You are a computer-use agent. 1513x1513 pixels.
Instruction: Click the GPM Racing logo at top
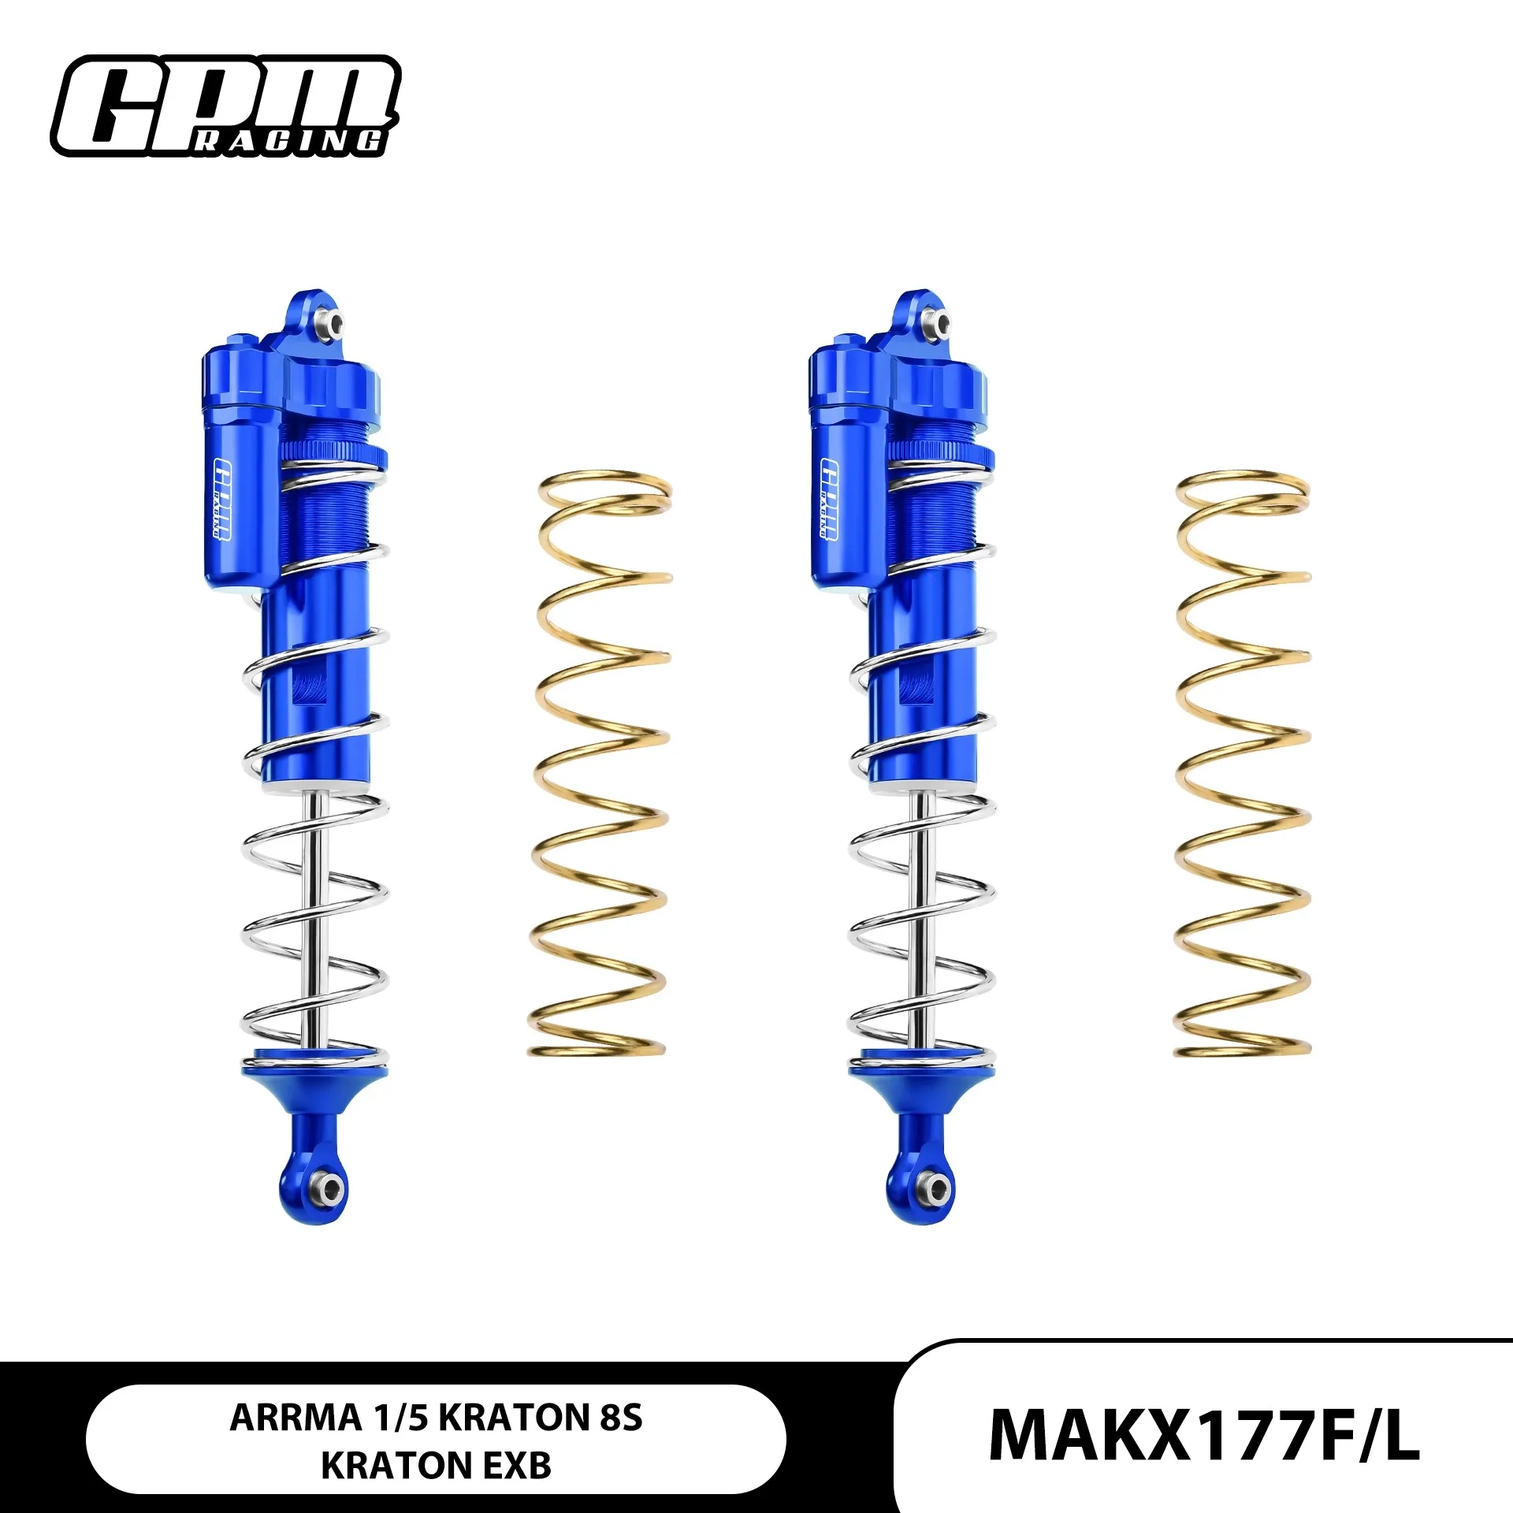[x=226, y=106]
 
